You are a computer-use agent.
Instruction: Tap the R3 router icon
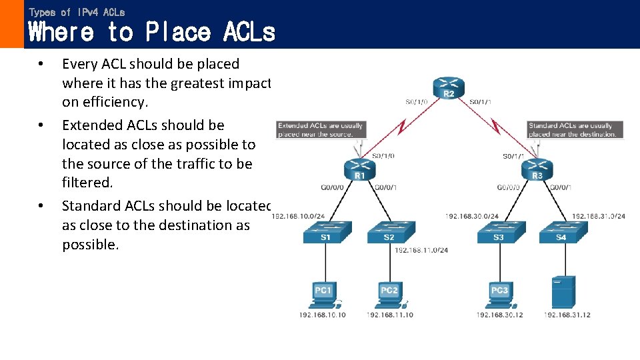point(537,169)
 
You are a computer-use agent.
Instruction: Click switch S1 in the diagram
point(324,231)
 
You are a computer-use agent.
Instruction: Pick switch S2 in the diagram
point(391,231)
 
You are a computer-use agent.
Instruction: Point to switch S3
point(500,231)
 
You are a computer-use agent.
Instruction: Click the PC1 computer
point(324,294)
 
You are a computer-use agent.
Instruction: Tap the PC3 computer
point(500,294)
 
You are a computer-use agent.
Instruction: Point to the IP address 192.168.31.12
point(567,315)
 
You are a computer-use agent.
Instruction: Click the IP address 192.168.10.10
point(323,315)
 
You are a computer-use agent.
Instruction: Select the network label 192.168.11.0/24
point(421,251)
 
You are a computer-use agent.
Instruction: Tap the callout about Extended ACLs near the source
point(321,129)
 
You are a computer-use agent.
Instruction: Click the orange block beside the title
point(11,24)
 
